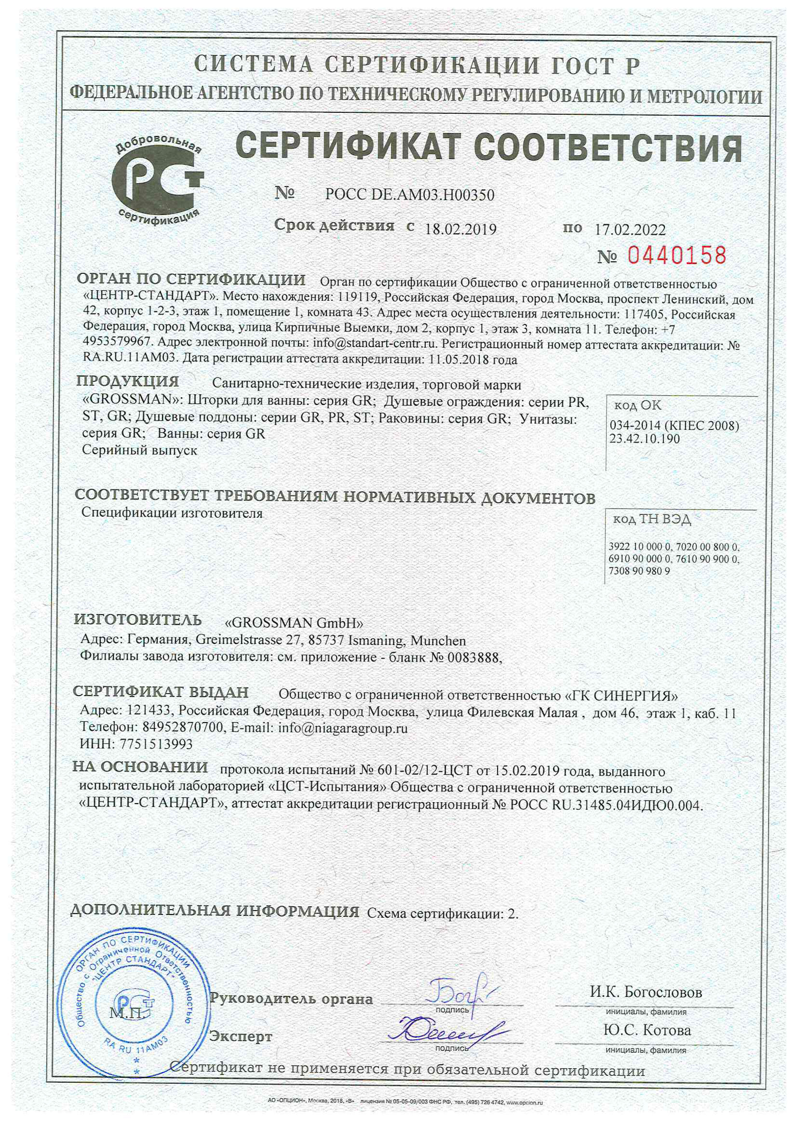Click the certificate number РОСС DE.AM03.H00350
pyautogui.click(x=409, y=195)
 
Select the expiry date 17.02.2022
pyautogui.click(x=630, y=230)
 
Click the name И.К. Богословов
pyautogui.click(x=646, y=992)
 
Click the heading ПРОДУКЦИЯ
pyautogui.click(x=128, y=381)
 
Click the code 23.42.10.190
pyautogui.click(x=644, y=439)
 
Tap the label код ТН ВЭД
pyautogui.click(x=652, y=519)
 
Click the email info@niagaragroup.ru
pyautogui.click(x=343, y=728)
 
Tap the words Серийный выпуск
pyautogui.click(x=139, y=450)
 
